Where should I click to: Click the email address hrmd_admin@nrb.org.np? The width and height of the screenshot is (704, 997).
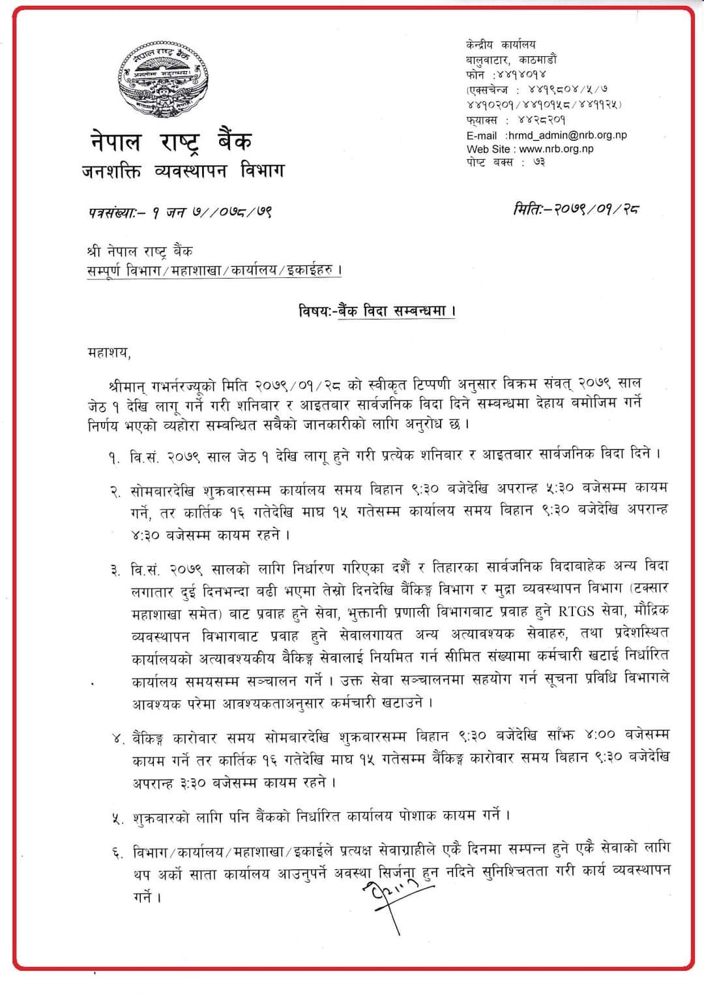tap(566, 136)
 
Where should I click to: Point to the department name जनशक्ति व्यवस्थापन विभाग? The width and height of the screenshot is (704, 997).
tap(183, 172)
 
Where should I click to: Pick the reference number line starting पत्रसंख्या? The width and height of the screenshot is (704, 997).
tap(180, 212)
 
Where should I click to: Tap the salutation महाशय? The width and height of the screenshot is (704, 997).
tap(109, 353)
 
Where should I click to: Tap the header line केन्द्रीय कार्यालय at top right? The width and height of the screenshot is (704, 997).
tap(501, 44)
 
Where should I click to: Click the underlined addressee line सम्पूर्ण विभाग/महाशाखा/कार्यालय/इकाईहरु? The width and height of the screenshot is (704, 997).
tap(214, 270)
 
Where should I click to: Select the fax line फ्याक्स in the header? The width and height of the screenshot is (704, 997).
tap(516, 120)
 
